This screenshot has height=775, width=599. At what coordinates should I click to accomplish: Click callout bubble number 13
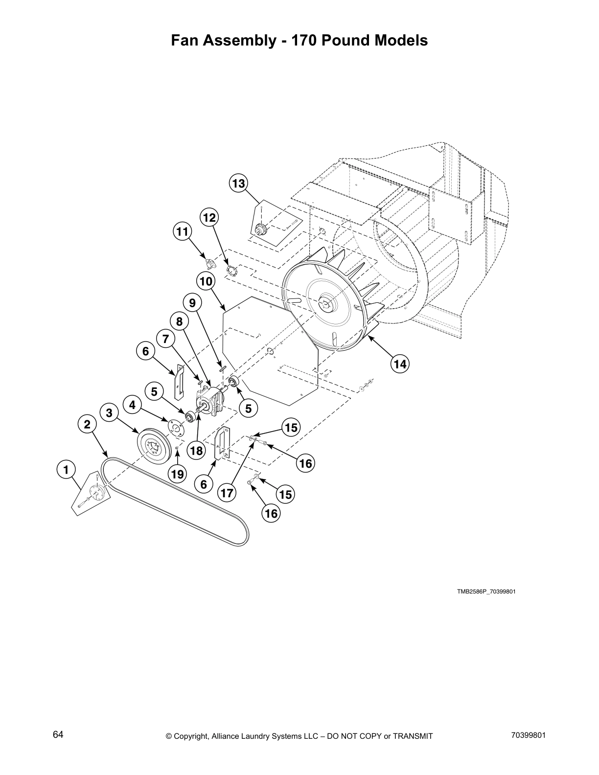[x=238, y=184]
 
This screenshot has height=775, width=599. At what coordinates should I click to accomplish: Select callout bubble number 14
[x=400, y=364]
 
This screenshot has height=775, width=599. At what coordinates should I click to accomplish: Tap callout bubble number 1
[x=66, y=470]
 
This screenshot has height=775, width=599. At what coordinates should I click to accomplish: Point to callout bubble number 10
[x=206, y=281]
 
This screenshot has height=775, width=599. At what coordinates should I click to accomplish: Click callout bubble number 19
[x=177, y=474]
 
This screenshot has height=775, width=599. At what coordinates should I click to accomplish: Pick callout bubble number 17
[x=227, y=493]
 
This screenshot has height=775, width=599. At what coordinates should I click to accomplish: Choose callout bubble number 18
[x=196, y=451]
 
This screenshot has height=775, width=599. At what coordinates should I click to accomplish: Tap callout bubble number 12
[x=209, y=218]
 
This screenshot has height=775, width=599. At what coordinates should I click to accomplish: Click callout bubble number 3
[x=109, y=413]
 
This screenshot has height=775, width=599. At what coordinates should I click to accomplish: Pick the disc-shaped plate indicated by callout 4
[x=175, y=426]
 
